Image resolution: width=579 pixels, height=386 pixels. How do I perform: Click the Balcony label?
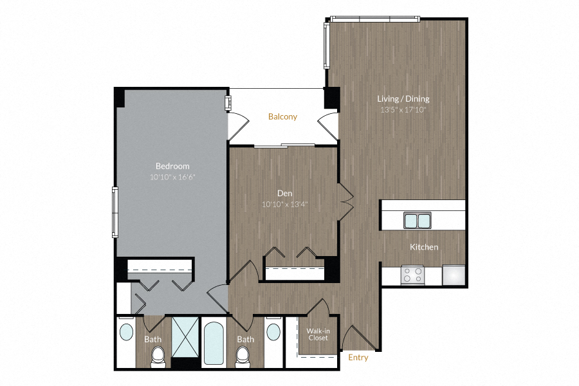[x=282, y=116]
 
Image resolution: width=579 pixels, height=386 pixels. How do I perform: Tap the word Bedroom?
[x=172, y=166]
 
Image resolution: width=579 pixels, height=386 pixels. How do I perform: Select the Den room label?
[x=285, y=192]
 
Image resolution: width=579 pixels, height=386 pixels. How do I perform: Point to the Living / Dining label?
[x=403, y=99]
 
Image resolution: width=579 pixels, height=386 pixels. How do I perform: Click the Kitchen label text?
[x=424, y=247]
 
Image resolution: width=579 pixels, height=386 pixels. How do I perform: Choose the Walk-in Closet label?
[x=318, y=335]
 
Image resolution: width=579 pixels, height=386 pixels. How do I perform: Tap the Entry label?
[x=358, y=357]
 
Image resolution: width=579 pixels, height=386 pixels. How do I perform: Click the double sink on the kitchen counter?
[x=418, y=221]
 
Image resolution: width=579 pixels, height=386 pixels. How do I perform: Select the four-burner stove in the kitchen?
[x=413, y=275]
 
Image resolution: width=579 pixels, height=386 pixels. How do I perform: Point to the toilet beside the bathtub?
[x=243, y=355]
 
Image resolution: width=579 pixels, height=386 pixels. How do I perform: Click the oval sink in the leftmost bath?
[x=126, y=333]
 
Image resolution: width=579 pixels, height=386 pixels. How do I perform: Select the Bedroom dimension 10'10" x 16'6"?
[x=172, y=176]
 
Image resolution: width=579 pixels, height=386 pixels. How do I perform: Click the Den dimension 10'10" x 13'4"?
[x=285, y=205]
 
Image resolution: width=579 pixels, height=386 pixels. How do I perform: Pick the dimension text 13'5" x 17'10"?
[x=403, y=109]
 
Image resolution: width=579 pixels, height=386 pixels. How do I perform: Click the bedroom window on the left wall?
[x=115, y=212]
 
